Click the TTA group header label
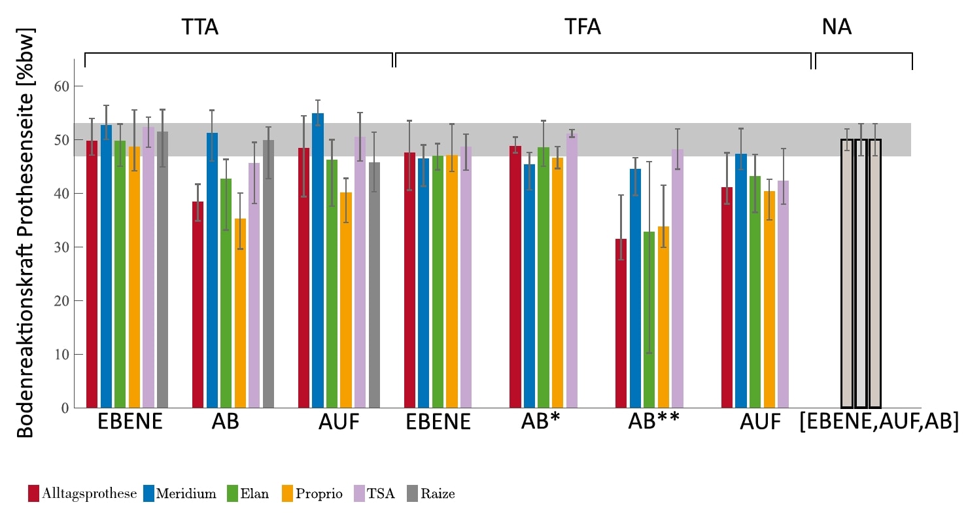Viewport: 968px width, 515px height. tap(199, 27)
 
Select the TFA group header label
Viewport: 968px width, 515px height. tap(583, 27)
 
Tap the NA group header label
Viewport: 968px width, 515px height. tap(837, 27)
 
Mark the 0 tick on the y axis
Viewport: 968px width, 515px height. tap(64, 408)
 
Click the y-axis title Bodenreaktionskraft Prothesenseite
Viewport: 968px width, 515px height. tap(25, 232)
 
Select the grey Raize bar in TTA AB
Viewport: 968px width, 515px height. tap(268, 275)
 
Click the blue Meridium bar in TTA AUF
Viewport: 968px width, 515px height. tap(317, 262)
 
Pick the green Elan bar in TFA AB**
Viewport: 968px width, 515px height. tap(649, 321)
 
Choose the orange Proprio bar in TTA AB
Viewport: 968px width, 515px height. tap(241, 314)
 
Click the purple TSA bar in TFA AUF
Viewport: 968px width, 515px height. tap(783, 294)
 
